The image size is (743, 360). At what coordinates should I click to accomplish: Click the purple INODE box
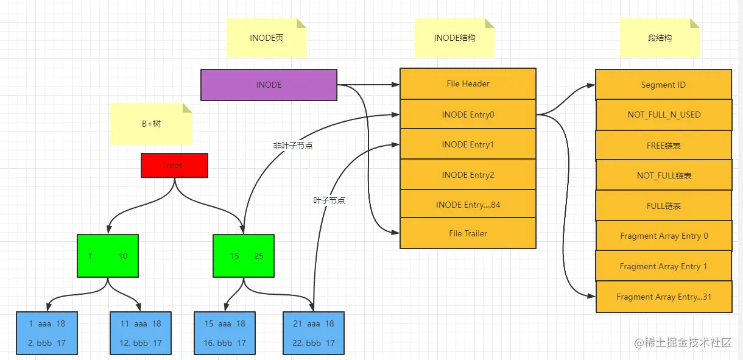pyautogui.click(x=269, y=85)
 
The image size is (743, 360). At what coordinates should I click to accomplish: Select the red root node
pyautogui.click(x=174, y=165)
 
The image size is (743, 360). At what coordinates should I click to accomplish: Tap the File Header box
pyautogui.click(x=468, y=83)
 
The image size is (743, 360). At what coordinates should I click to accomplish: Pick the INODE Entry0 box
pyautogui.click(x=468, y=114)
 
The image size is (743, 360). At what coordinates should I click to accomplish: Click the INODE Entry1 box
pyautogui.click(x=468, y=144)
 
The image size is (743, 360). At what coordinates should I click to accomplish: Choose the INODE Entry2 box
pyautogui.click(x=468, y=175)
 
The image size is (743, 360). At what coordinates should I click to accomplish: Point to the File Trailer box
pyautogui.click(x=468, y=233)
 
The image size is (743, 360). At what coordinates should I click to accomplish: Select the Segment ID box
pyautogui.click(x=663, y=85)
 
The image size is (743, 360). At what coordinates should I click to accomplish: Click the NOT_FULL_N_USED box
pyautogui.click(x=664, y=115)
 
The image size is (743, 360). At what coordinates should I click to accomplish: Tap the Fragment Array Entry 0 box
pyautogui.click(x=664, y=236)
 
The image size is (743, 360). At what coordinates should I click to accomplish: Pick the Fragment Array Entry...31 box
pyautogui.click(x=664, y=297)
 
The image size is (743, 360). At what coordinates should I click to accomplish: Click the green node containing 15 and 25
pyautogui.click(x=244, y=256)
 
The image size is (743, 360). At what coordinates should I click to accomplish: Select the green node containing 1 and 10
pyautogui.click(x=108, y=256)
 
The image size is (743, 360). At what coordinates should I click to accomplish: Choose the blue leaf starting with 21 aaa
pyautogui.click(x=314, y=333)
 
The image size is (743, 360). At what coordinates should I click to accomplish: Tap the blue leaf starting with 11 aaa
pyautogui.click(x=141, y=333)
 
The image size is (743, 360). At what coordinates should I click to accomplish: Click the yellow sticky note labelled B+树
pyautogui.click(x=151, y=124)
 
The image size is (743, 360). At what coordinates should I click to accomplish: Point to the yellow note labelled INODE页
pyautogui.click(x=266, y=38)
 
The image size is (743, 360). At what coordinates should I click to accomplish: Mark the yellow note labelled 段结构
pyautogui.click(x=660, y=38)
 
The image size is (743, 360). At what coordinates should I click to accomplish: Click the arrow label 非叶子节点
pyautogui.click(x=292, y=146)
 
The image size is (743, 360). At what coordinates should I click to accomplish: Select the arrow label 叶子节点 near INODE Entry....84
pyautogui.click(x=329, y=200)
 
